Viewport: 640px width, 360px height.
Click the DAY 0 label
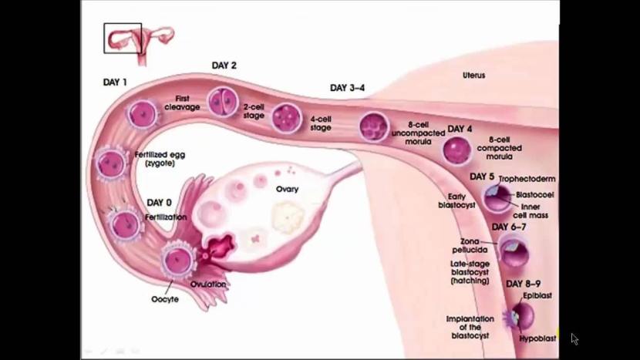point(159,203)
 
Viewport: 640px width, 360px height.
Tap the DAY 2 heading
point(224,66)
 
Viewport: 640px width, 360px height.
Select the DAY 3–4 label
point(347,88)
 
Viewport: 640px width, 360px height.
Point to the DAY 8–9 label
point(523,284)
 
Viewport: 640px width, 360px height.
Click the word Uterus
point(473,76)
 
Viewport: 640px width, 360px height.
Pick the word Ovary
point(287,190)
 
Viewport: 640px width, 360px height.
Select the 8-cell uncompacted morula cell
point(375,126)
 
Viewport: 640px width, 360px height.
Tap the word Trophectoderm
point(527,180)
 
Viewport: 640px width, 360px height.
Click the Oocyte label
point(164,299)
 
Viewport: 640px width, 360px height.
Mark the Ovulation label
point(208,284)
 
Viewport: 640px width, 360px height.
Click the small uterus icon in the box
point(123,38)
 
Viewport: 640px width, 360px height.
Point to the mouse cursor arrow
point(574,338)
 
